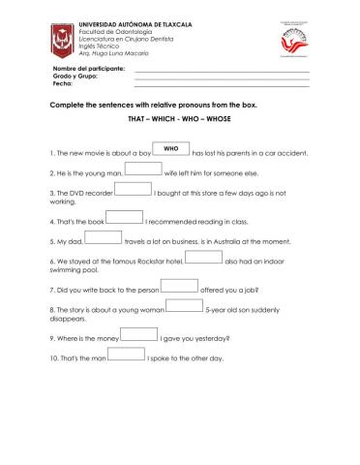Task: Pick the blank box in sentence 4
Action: click(124, 218)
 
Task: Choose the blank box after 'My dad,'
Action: click(104, 237)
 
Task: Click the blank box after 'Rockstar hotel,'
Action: click(202, 258)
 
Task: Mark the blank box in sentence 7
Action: click(179, 286)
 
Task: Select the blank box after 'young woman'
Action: click(185, 306)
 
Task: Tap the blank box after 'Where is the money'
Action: click(139, 334)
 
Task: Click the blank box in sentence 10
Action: click(127, 355)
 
